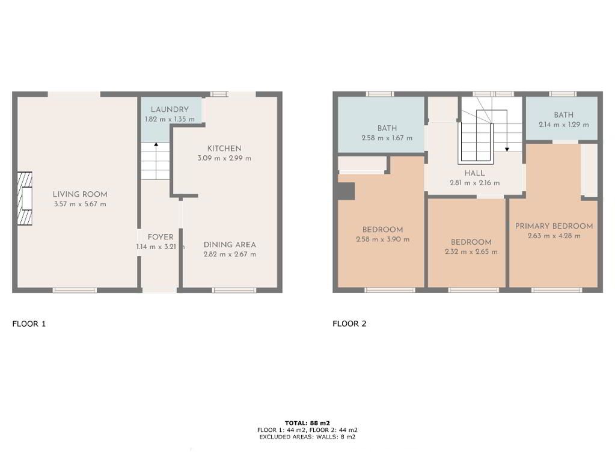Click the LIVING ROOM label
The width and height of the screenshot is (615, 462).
(80, 194)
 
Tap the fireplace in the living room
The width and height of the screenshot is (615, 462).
(25, 199)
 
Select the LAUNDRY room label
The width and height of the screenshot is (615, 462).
(170, 109)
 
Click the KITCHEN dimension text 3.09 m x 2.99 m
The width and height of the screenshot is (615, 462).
(224, 158)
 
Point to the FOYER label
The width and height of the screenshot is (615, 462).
(161, 237)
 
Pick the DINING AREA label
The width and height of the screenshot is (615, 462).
(230, 245)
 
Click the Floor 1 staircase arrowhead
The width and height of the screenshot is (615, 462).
(156, 144)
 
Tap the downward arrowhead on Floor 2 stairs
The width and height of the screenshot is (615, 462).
(507, 150)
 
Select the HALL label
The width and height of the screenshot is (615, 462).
(474, 173)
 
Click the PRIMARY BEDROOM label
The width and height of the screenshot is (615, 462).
(554, 226)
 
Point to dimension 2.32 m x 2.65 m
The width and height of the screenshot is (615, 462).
(471, 251)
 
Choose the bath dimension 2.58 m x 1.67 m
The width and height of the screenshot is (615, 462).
(387, 138)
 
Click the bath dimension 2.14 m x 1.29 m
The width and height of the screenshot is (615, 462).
(564, 125)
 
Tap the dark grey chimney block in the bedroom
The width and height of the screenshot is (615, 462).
(346, 191)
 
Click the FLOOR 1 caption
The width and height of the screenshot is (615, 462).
(29, 324)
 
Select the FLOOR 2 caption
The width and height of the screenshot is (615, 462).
(349, 324)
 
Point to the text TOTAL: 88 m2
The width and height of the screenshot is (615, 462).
(308, 423)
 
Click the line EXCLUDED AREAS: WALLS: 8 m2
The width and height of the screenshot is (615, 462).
(308, 437)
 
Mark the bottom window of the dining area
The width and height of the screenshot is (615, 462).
(234, 291)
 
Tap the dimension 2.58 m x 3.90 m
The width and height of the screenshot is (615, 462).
(383, 239)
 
